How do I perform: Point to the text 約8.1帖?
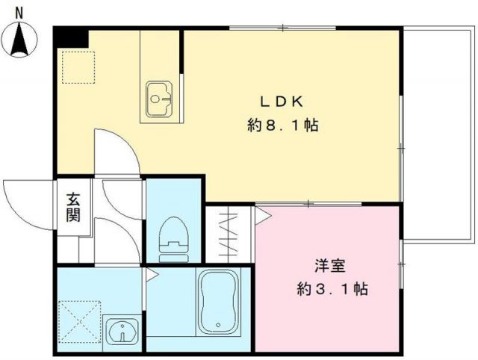pyautogui.click(x=283, y=126)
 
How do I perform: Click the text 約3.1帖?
pyautogui.click(x=329, y=289)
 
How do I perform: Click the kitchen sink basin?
pyautogui.click(x=159, y=98)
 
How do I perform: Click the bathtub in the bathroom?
pyautogui.click(x=217, y=303)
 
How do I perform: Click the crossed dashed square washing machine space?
pyautogui.click(x=79, y=320)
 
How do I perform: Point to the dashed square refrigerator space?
pyautogui.click(x=76, y=67)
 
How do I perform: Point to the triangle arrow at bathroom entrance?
pyautogui.click(x=150, y=275)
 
